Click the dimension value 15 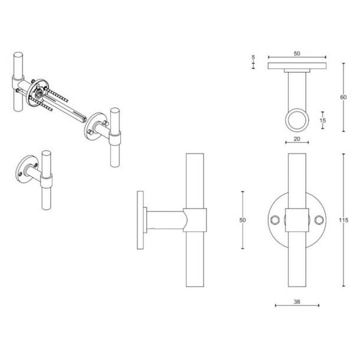point(322,120)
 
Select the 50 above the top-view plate point(297,54)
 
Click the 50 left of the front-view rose point(243,220)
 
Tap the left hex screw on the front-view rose point(274,220)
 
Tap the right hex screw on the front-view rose point(319,220)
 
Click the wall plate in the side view point(140,220)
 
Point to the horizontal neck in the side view point(165,220)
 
